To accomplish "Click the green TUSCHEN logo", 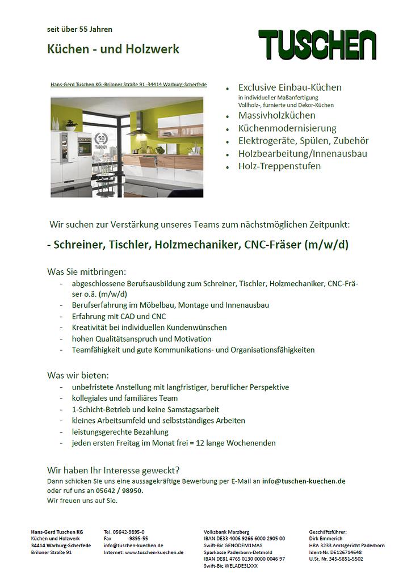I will [x=317, y=44].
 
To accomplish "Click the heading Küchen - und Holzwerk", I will [x=113, y=49].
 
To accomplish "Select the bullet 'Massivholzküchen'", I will [x=276, y=115].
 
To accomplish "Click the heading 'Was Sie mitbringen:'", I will [x=86, y=271].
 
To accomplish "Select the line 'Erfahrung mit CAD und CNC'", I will [x=119, y=316].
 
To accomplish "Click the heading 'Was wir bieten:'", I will [x=78, y=375].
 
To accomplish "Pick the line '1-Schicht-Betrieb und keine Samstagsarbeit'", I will [x=145, y=409].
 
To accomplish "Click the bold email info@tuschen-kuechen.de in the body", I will [x=304, y=481].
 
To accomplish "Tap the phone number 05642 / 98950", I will [x=119, y=490].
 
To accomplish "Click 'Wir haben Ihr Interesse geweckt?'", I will [x=113, y=470].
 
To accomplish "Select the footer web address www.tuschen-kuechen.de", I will [x=154, y=552].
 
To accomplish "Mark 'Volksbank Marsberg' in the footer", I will [x=226, y=532].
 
